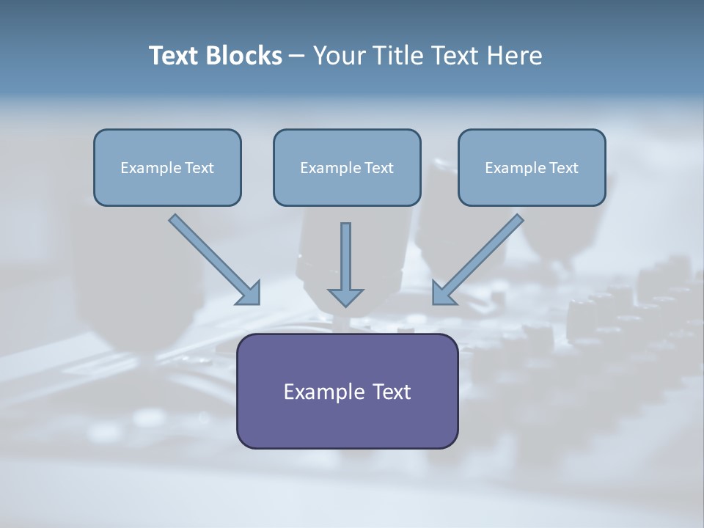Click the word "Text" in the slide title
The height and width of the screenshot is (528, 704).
tap(173, 56)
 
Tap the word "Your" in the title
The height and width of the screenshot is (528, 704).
tap(340, 56)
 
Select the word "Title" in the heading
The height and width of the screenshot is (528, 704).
tap(399, 56)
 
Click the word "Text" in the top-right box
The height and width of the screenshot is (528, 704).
tap(564, 168)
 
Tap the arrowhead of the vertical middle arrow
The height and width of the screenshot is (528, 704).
tap(345, 297)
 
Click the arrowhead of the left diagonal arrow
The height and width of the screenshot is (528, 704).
tap(250, 294)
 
